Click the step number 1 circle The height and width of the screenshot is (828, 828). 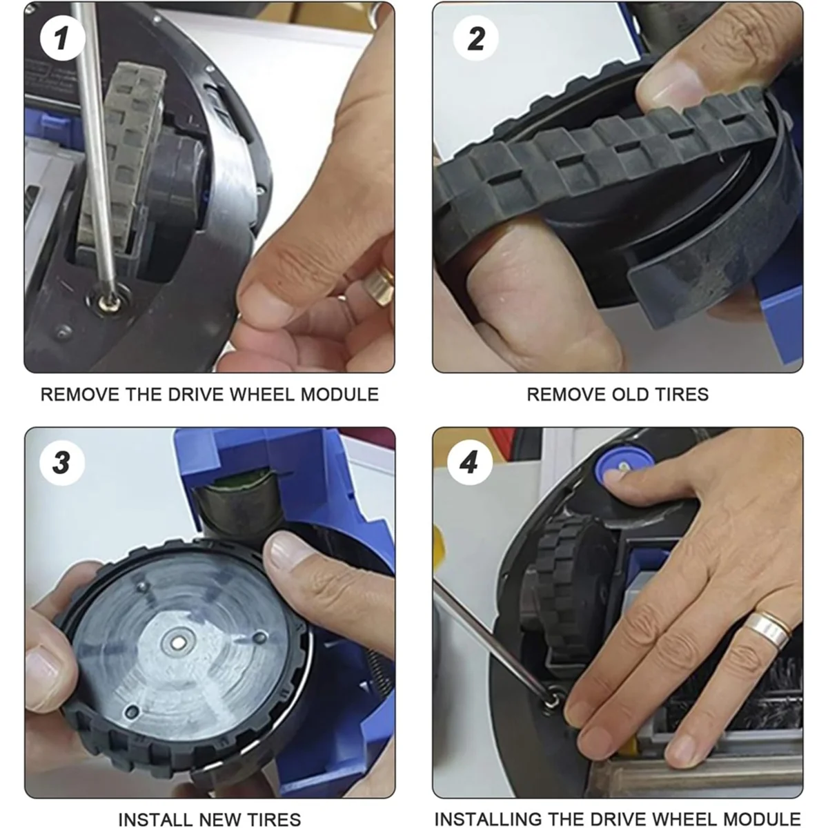pyautogui.click(x=62, y=38)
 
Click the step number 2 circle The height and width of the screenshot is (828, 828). pyautogui.click(x=475, y=38)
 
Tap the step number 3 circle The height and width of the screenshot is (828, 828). pyautogui.click(x=62, y=463)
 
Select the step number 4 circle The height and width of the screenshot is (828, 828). pyautogui.click(x=470, y=463)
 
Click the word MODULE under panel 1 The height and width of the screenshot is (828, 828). pyautogui.click(x=339, y=395)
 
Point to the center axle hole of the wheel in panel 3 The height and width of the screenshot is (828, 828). pyautogui.click(x=179, y=643)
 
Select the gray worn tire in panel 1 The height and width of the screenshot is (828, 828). pyautogui.click(x=122, y=155)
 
